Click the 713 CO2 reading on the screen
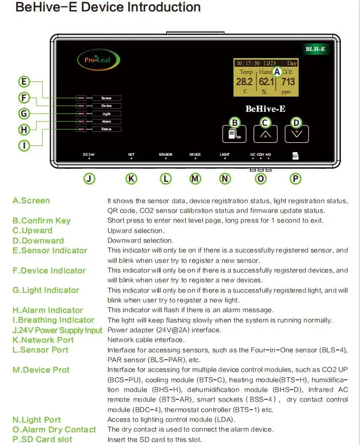(x=288, y=82)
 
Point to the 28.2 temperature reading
(x=244, y=82)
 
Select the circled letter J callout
(x=90, y=178)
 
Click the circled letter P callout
(x=295, y=178)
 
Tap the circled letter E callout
(x=23, y=82)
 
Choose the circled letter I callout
(x=23, y=145)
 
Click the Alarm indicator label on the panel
(x=106, y=122)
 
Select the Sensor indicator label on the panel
(x=106, y=98)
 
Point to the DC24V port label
(x=89, y=155)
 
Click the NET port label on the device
(x=131, y=155)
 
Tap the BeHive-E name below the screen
(x=266, y=109)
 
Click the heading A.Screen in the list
(x=31, y=201)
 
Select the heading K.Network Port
(x=43, y=340)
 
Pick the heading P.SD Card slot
(x=42, y=439)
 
